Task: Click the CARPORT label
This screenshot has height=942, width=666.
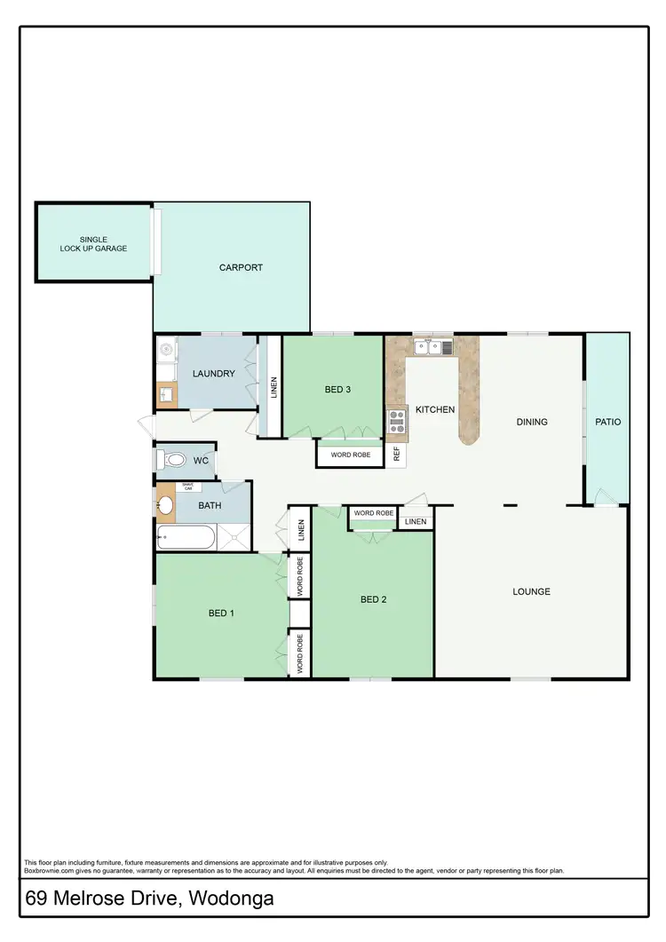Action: coord(241,267)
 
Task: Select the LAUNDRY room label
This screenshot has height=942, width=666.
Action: coord(214,374)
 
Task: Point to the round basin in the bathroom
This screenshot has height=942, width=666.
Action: coord(165,505)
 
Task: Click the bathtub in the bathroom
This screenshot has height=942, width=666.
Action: coord(186,537)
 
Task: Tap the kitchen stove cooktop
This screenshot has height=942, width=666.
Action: coord(395,422)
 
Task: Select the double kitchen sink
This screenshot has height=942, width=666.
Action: coord(432,347)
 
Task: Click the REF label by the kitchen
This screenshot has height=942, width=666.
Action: coord(397,454)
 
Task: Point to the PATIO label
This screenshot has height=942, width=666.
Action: coord(607,422)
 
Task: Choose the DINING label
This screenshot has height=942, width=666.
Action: coord(532,422)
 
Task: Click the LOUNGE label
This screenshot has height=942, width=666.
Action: coord(531,591)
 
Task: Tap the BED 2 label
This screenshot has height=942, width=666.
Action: coord(374,599)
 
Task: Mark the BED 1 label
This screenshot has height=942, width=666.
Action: coord(221,613)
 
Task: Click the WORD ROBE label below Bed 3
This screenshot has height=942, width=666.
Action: coord(350,455)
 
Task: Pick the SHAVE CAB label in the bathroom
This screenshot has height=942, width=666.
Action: coord(187,487)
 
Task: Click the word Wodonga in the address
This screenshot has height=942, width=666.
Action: coord(230,898)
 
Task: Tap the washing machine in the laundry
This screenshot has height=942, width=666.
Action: coord(165,352)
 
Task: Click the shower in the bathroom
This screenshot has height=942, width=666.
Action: coord(235,537)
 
